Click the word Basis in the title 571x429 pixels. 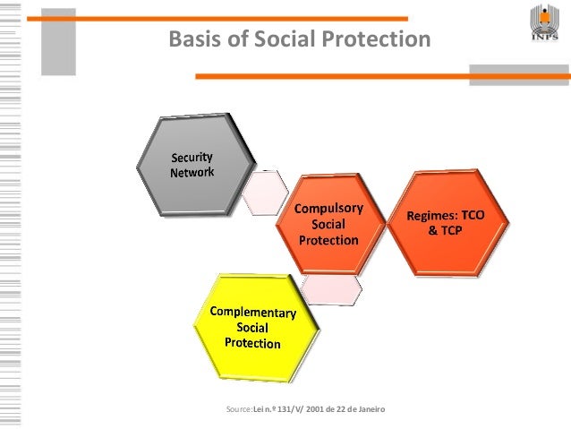point(192,39)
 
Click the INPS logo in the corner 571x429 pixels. point(544,27)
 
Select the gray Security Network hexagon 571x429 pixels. point(194,166)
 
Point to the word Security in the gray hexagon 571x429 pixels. point(192,159)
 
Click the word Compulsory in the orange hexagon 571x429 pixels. point(329,209)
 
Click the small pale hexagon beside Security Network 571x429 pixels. point(265,193)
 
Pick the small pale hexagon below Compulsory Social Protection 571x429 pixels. point(330,287)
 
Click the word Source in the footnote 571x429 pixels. point(241,409)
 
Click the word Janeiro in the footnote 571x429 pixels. point(368,409)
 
